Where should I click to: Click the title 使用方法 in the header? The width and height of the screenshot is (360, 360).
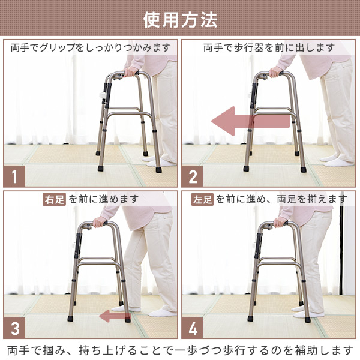click(x=180, y=19)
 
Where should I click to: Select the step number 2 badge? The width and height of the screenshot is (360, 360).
click(x=193, y=177)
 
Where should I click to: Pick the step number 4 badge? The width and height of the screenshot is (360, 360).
click(x=193, y=329)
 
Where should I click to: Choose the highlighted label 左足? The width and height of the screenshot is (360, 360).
click(x=202, y=199)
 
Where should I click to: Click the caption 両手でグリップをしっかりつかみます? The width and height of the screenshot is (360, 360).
click(x=91, y=47)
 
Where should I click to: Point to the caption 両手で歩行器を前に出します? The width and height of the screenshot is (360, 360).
click(x=268, y=47)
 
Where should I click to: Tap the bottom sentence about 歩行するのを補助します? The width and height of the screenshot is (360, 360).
click(x=180, y=350)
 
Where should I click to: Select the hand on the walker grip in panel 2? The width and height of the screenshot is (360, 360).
click(x=275, y=73)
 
